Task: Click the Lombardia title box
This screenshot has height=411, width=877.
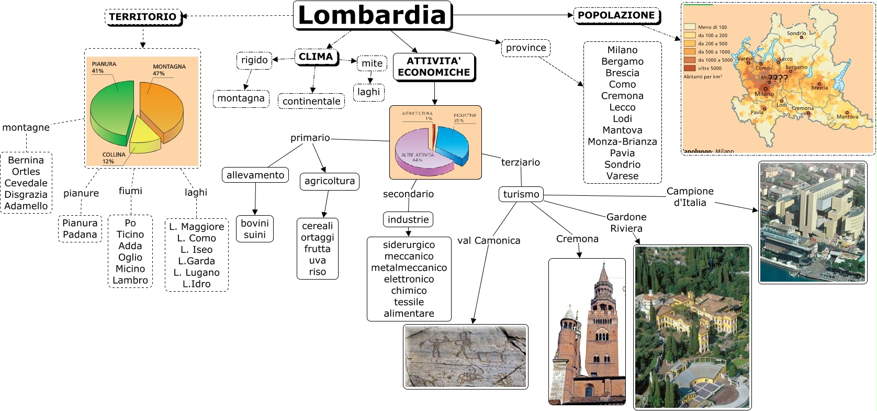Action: click(372, 15)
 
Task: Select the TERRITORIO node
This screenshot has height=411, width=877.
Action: click(143, 17)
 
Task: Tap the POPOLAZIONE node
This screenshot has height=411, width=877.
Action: click(616, 15)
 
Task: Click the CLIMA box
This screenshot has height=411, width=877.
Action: click(316, 57)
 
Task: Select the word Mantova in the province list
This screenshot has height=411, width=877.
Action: click(622, 130)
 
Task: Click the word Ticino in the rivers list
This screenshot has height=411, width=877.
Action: click(130, 234)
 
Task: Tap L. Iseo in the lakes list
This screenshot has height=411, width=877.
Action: click(196, 249)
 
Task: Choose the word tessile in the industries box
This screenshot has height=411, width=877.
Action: click(409, 302)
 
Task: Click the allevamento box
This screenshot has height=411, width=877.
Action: click(255, 175)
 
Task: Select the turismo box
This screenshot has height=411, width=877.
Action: click(521, 194)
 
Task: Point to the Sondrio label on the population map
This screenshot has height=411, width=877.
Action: click(796, 33)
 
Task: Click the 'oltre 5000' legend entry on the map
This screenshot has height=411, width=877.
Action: click(709, 68)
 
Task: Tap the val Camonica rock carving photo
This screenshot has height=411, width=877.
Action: click(465, 357)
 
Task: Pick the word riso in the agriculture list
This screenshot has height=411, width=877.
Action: click(317, 272)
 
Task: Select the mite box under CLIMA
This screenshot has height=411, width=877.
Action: click(372, 63)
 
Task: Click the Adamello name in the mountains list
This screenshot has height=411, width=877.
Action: click(26, 206)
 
